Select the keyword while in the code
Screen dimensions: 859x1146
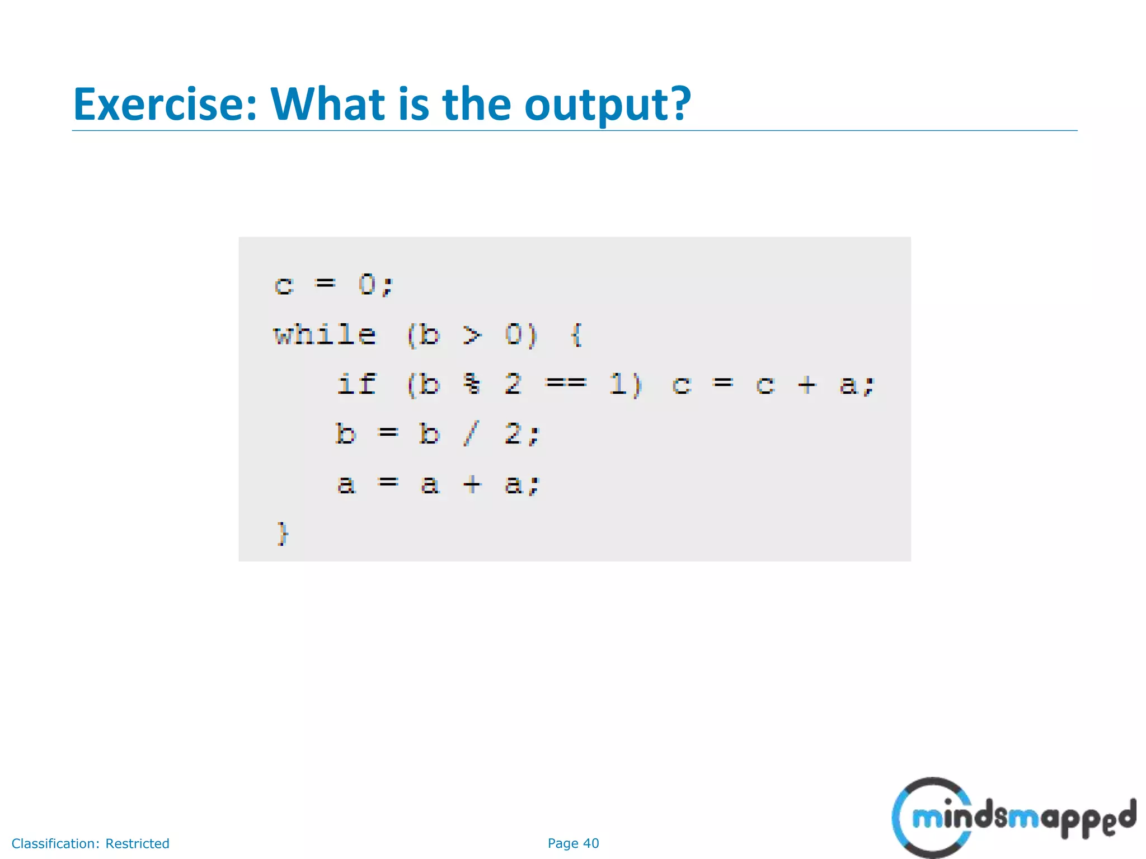(x=325, y=335)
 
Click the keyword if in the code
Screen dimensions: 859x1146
(x=356, y=384)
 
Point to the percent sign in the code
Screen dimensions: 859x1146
(x=472, y=384)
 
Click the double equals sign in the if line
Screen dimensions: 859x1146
(x=566, y=383)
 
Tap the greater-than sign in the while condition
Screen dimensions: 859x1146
(x=472, y=335)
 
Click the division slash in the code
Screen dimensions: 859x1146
(x=471, y=433)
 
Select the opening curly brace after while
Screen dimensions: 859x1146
(x=576, y=335)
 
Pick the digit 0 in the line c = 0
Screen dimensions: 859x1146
(x=367, y=285)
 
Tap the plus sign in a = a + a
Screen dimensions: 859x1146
(x=472, y=484)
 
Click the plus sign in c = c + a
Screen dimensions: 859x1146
(x=806, y=384)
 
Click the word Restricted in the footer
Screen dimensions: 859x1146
(x=137, y=843)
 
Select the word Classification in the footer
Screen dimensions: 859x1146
(x=55, y=843)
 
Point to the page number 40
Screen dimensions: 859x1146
(x=591, y=843)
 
